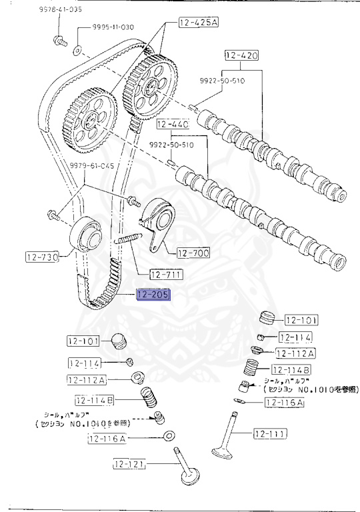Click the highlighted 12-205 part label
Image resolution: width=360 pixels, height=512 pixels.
click(153, 294)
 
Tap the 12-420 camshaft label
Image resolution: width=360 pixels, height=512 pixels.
click(241, 55)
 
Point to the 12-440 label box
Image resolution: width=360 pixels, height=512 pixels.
click(173, 124)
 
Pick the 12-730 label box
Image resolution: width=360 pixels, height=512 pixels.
click(43, 256)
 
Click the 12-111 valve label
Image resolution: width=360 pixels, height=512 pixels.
click(269, 434)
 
